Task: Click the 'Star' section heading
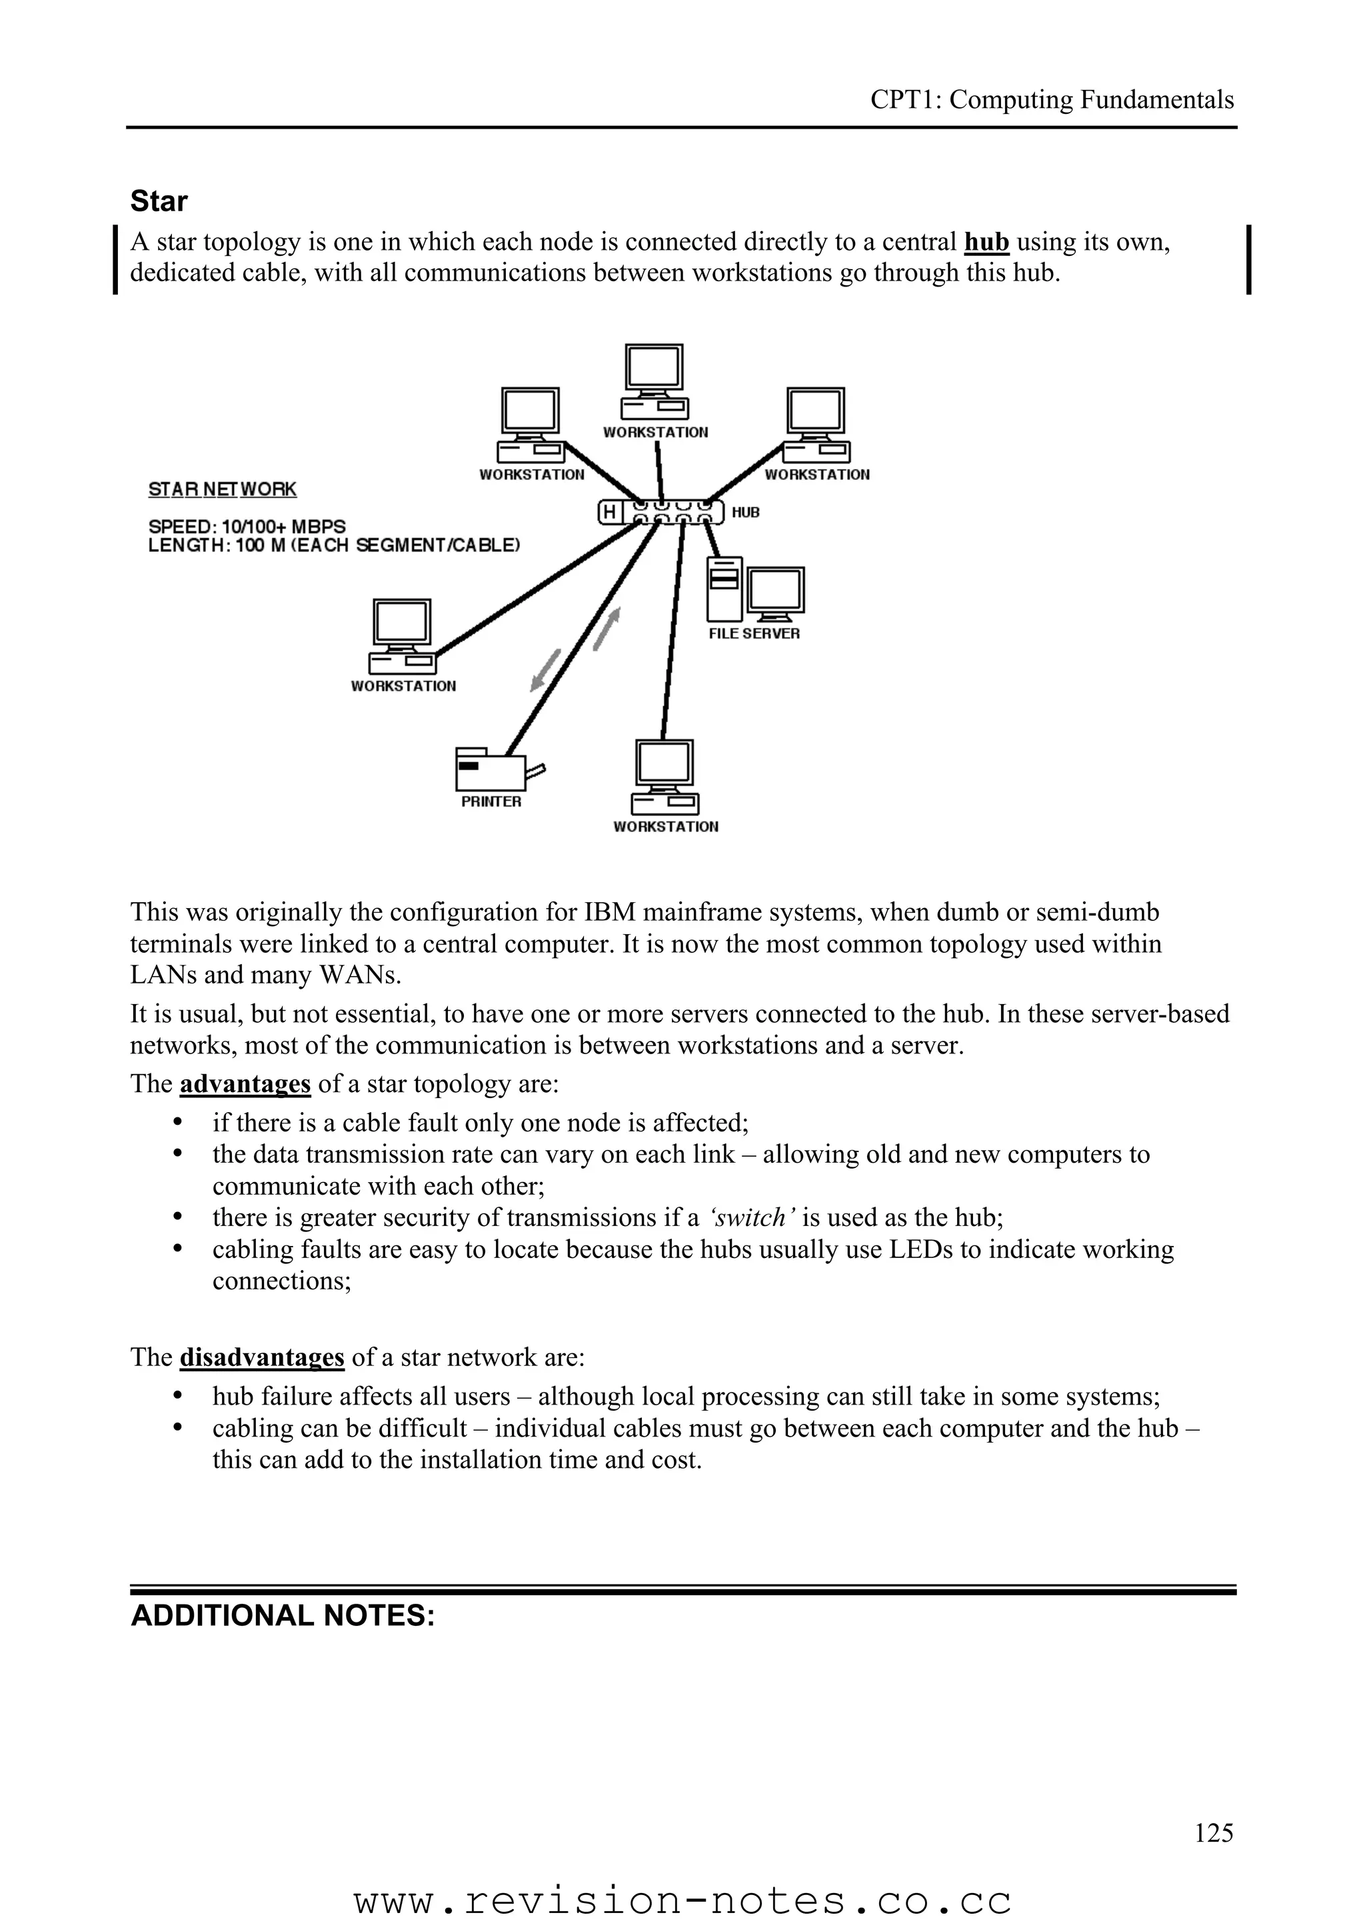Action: click(x=159, y=201)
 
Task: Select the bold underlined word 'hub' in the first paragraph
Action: click(x=986, y=243)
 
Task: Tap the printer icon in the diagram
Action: click(x=491, y=767)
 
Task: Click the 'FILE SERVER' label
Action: click(x=754, y=633)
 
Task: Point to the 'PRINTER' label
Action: click(x=491, y=802)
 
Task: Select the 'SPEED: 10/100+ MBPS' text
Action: click(x=247, y=526)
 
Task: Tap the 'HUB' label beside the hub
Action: click(x=745, y=512)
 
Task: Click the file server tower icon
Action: click(x=724, y=589)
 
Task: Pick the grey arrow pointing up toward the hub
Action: click(x=607, y=628)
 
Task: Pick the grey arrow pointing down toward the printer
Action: click(x=545, y=670)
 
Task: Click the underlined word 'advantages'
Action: click(x=245, y=1083)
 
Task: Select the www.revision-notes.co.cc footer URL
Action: click(x=682, y=1900)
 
